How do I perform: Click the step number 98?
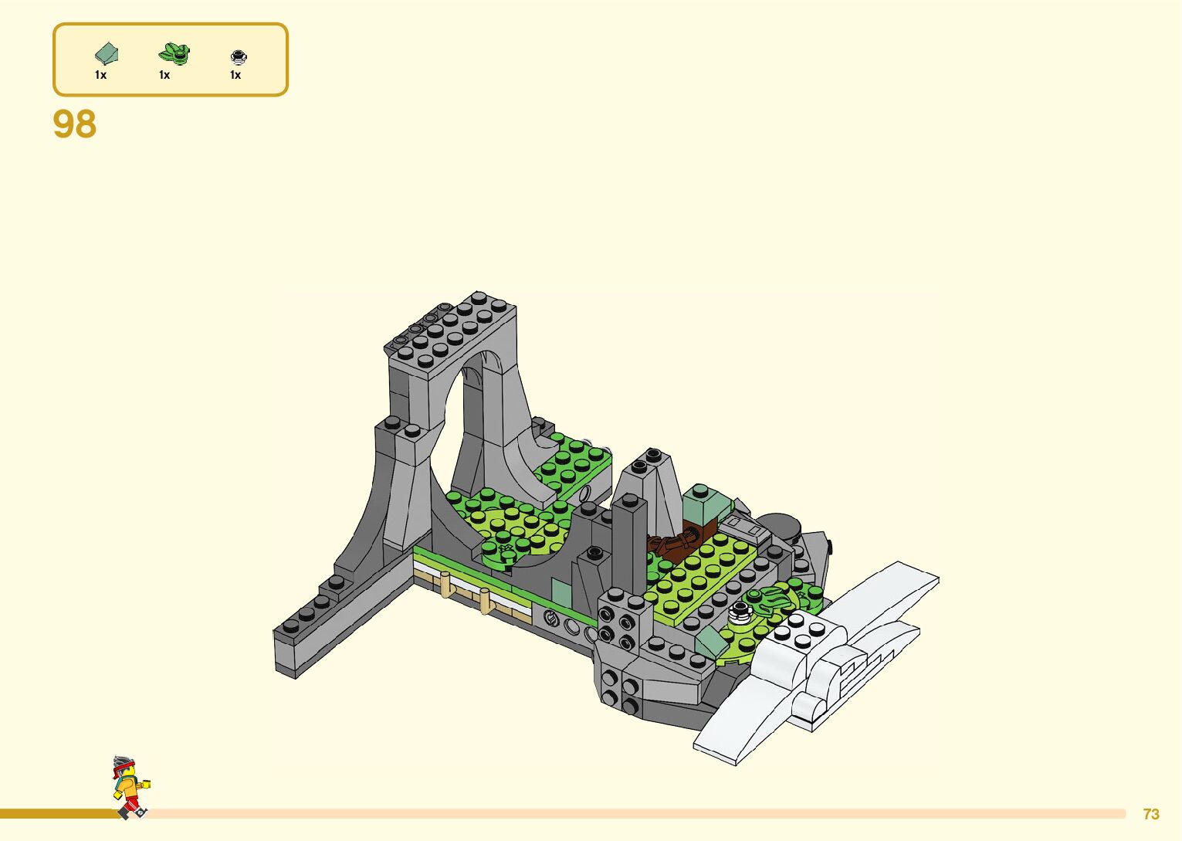[74, 124]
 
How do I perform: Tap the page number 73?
[1151, 814]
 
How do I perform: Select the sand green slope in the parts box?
[107, 53]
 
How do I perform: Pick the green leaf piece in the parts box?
[174, 53]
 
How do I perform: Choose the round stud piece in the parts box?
[239, 56]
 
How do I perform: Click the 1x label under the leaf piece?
[164, 76]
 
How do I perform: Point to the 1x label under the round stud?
[235, 76]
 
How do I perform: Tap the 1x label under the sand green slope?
[101, 76]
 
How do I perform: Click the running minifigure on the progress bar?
[131, 788]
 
